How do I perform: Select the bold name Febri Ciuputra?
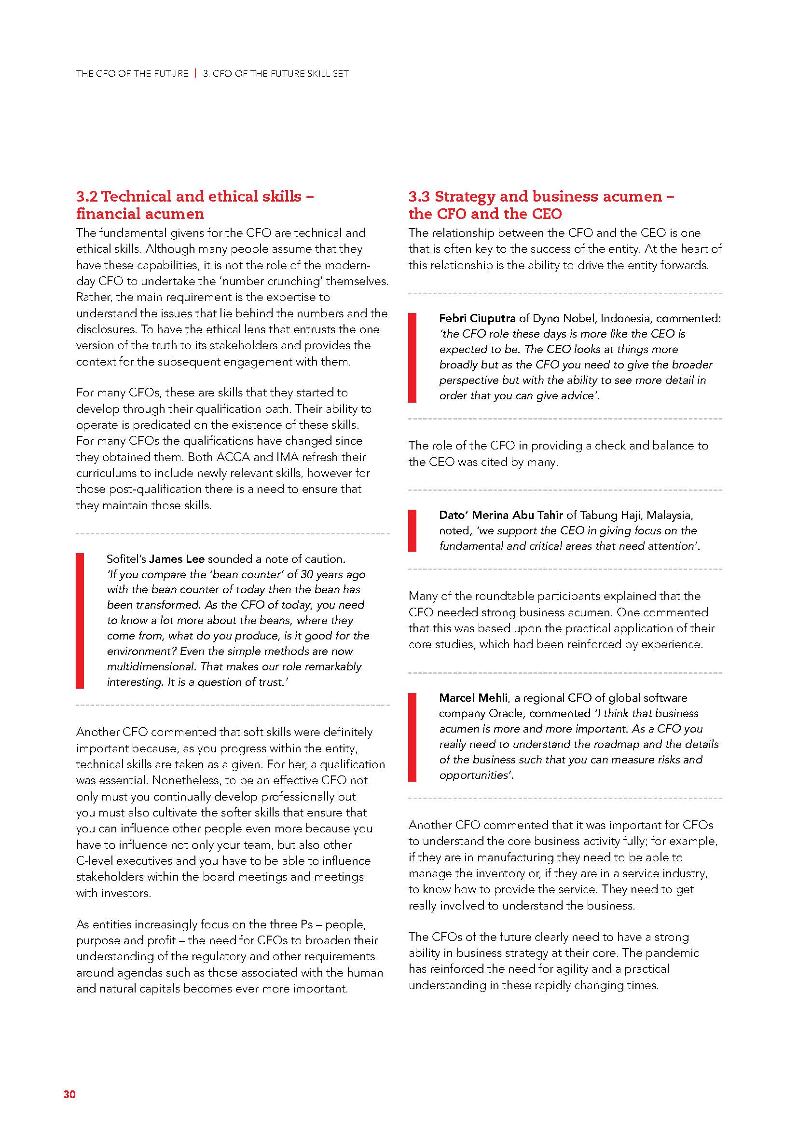click(477, 318)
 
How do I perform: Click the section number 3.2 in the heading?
click(86, 196)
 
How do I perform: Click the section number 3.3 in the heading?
click(419, 196)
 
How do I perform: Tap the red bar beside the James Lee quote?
click(80, 621)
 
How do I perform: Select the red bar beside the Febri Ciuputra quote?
click(412, 358)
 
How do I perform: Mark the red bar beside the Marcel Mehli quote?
click(412, 737)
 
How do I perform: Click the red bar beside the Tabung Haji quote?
click(412, 530)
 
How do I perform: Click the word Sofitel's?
click(126, 559)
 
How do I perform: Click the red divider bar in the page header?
click(195, 74)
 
